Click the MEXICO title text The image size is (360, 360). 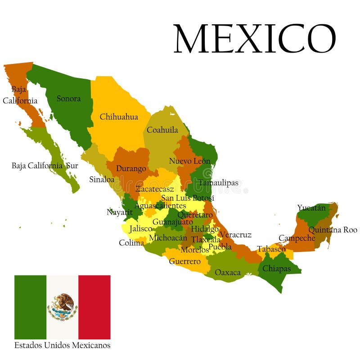point(255,39)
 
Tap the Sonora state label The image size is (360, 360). point(69,99)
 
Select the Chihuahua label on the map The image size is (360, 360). point(119,117)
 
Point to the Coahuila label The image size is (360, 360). point(162,130)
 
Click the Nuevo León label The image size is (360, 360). point(189,161)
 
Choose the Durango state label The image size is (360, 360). point(131,169)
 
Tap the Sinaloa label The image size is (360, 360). point(102,179)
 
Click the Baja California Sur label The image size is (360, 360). point(45,166)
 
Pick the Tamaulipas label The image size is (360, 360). point(218,183)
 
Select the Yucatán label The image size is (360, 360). point(311,208)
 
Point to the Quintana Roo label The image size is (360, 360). point(333,230)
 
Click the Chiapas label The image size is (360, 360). point(276,269)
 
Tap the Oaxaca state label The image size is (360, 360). point(228,272)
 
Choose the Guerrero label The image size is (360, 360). point(184,261)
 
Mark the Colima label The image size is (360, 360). point(131,243)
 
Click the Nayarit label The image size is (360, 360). point(120,212)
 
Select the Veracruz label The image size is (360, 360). point(235,235)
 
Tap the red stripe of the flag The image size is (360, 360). point(94,307)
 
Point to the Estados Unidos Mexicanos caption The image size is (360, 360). point(62,346)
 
